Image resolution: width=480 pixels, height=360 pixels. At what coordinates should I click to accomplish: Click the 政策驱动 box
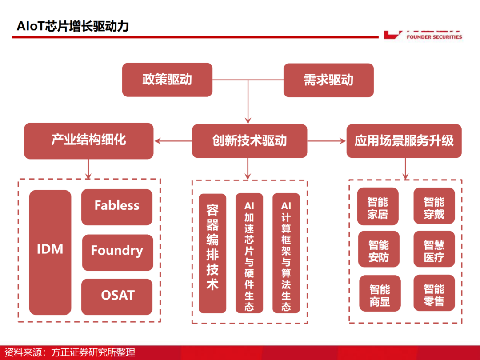167,80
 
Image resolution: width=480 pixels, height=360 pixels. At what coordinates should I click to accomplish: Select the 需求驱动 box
328,80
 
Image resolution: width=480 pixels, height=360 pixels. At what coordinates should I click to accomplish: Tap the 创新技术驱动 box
249,141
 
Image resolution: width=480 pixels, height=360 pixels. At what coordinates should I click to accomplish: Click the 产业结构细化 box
88,141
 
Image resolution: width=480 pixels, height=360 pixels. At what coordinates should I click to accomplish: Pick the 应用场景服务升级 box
404,141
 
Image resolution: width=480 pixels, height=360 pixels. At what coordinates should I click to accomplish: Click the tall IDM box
50,252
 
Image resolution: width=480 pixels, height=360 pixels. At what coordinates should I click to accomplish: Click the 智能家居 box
378,207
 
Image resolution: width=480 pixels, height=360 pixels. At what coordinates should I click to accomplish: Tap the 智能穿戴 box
434,207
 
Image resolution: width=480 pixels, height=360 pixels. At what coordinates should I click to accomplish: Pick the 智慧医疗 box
434,250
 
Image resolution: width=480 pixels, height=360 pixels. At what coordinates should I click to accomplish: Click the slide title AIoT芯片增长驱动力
72,26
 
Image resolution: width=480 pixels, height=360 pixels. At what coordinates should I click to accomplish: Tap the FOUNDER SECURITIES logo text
434,37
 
